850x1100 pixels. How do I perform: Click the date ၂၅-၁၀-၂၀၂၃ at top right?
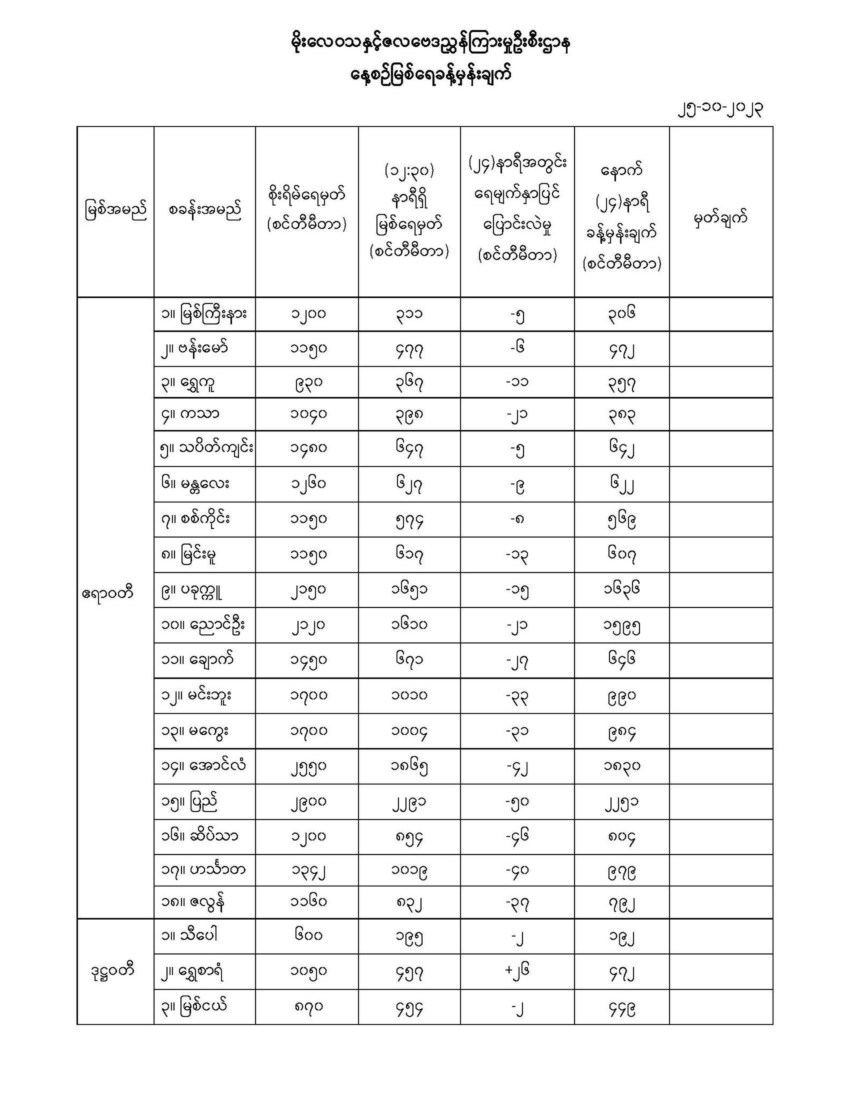click(x=721, y=109)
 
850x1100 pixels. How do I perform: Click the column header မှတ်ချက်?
click(x=721, y=219)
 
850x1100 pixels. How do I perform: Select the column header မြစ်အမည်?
click(x=115, y=211)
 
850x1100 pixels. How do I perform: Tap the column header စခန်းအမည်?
click(x=205, y=210)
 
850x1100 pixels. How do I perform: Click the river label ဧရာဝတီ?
click(x=108, y=594)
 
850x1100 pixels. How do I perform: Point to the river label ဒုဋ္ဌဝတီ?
click(x=112, y=971)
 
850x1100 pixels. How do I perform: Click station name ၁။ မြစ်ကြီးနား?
click(x=204, y=314)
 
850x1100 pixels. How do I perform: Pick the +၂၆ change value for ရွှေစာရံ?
click(x=517, y=972)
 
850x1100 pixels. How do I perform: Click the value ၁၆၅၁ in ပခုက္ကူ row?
click(x=409, y=590)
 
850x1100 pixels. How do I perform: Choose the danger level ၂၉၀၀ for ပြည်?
click(x=307, y=802)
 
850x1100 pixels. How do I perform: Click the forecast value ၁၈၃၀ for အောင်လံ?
click(x=621, y=766)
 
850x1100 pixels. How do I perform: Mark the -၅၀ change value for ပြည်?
click(x=517, y=802)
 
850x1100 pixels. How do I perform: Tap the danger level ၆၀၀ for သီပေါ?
click(x=307, y=936)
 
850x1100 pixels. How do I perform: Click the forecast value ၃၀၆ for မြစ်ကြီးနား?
click(x=621, y=314)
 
